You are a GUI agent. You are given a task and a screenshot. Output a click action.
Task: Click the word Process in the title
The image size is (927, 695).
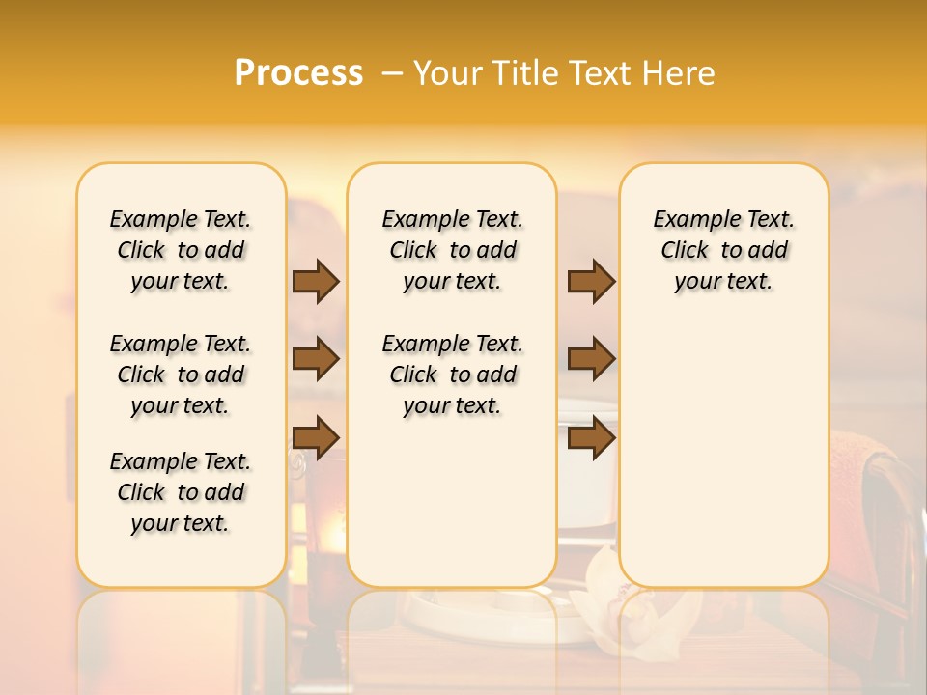[x=298, y=73]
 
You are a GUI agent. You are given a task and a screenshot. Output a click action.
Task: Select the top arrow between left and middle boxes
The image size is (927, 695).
[x=316, y=281]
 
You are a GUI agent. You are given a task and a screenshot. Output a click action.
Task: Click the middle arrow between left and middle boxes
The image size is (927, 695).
[x=316, y=359]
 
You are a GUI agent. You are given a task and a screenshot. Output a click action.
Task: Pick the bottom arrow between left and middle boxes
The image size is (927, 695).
[x=316, y=437]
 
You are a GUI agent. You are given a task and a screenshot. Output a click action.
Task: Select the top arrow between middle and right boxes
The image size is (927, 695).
[x=591, y=281]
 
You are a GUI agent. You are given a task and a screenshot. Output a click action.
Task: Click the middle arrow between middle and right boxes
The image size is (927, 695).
[x=591, y=359]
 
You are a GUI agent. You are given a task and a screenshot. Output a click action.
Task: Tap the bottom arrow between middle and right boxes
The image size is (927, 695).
[x=591, y=437]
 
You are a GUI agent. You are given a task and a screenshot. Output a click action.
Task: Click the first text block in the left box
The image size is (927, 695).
[x=181, y=250]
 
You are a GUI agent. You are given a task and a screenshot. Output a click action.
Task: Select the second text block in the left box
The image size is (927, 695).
[x=181, y=375]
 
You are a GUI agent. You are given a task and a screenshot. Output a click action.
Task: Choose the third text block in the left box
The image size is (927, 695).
[x=181, y=492]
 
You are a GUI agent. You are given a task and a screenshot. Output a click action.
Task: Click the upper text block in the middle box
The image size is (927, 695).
[x=453, y=250]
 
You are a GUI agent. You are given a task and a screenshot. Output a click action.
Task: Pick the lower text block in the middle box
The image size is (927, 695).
[x=453, y=375]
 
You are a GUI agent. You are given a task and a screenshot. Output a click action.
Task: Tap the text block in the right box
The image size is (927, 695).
[x=724, y=250]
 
